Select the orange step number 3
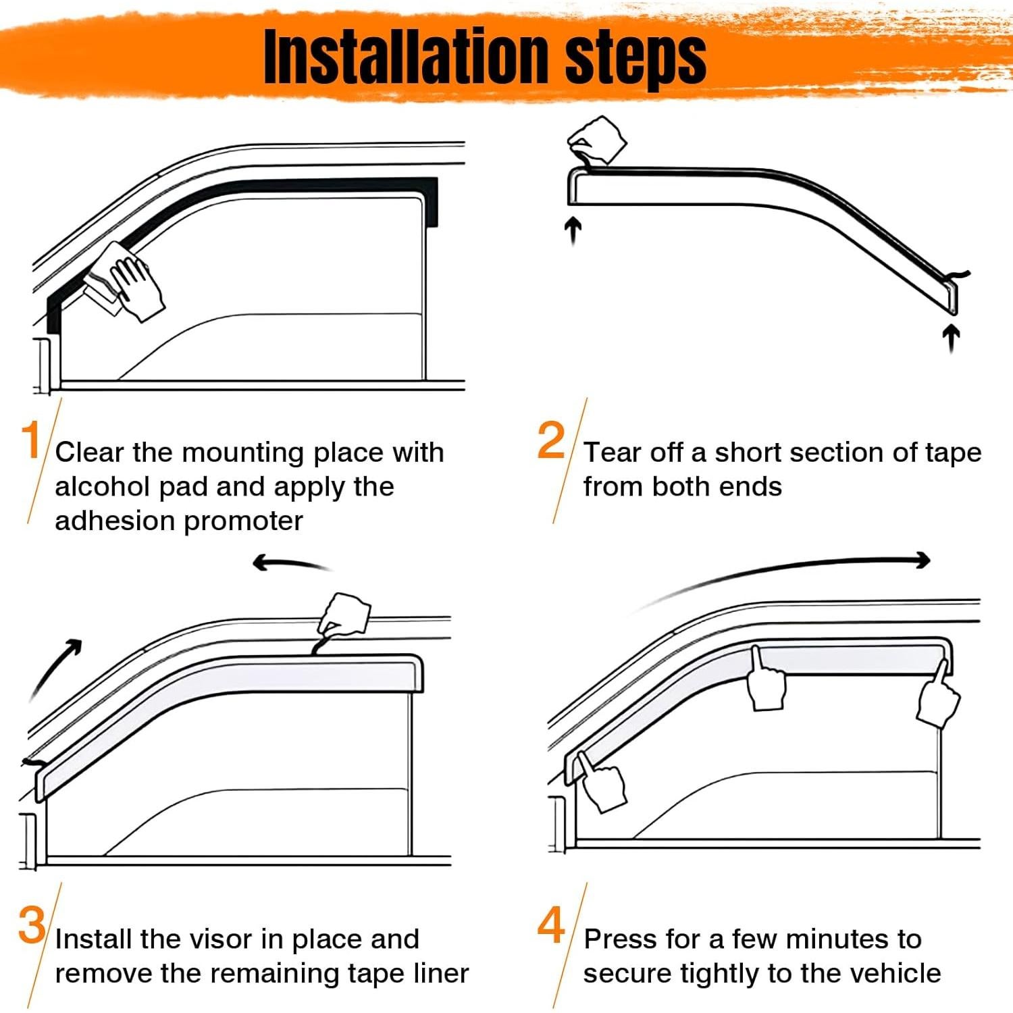click(32, 925)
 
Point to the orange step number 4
click(551, 925)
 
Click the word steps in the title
click(635, 59)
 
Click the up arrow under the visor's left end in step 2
click(573, 231)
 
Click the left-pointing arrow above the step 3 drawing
click(292, 563)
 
